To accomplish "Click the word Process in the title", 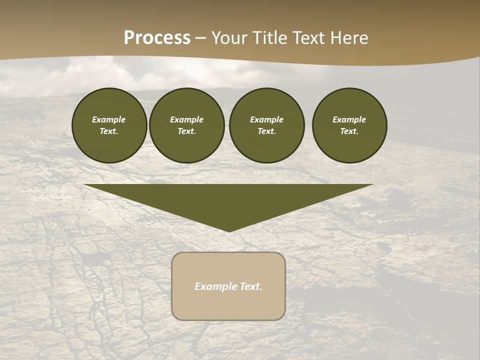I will click(157, 38).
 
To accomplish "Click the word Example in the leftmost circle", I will click(109, 119).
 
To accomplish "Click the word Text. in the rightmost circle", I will click(349, 131).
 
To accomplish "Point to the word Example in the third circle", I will click(266, 119).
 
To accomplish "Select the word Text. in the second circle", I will click(186, 131).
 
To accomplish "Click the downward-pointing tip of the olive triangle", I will click(229, 230).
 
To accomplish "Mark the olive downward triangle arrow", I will click(228, 200).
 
